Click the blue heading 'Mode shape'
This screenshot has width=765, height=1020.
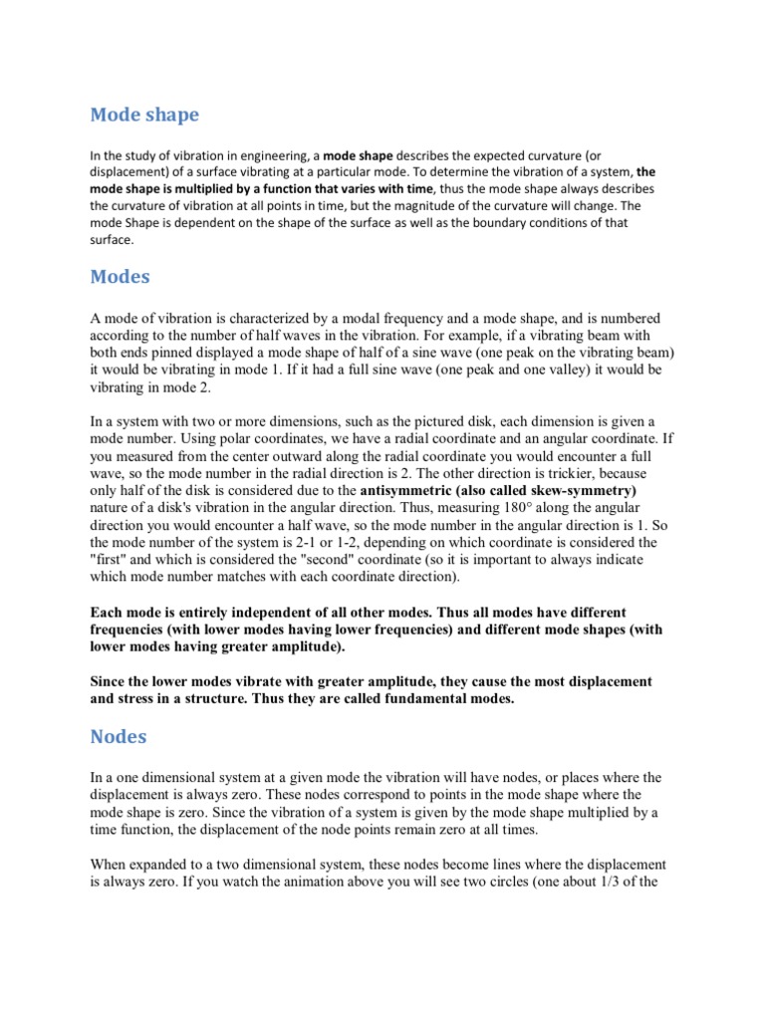point(144,115)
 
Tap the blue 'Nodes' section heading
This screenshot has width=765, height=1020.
point(119,737)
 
